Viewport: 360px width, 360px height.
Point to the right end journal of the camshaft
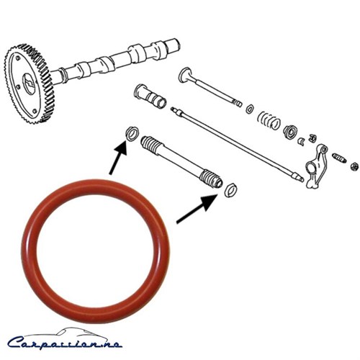(x=171, y=45)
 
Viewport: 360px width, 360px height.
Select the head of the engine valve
(x=186, y=74)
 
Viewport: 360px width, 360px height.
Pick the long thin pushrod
(x=237, y=145)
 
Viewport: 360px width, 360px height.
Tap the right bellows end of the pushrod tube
(x=212, y=178)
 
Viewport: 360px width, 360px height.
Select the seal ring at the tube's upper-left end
(x=132, y=133)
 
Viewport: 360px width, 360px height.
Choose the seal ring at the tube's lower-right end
(x=230, y=189)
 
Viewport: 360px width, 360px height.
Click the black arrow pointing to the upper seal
(x=118, y=158)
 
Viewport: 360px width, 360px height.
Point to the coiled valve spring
(x=269, y=120)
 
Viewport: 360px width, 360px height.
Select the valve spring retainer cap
(x=291, y=132)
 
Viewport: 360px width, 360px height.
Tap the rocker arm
(x=316, y=166)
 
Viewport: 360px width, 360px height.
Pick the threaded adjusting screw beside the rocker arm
(x=339, y=158)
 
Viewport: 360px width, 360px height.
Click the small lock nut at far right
(x=355, y=166)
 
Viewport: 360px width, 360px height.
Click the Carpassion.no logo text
(x=65, y=343)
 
